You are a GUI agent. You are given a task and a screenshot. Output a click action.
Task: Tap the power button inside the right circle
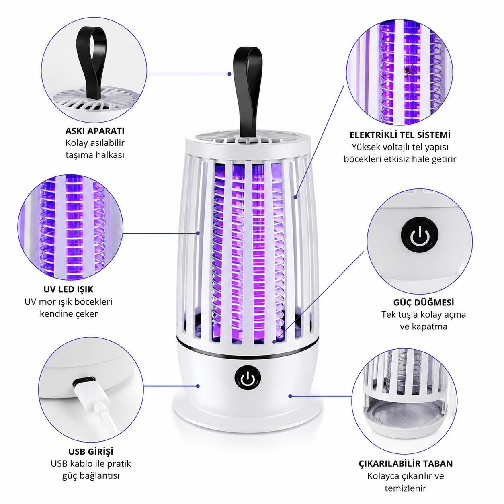pyautogui.click(x=420, y=235)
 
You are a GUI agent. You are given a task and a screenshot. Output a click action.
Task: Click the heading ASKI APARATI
pyautogui.click(x=95, y=131)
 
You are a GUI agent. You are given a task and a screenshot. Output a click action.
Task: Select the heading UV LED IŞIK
pyautogui.click(x=68, y=289)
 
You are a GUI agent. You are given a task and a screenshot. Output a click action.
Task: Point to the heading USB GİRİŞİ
pyautogui.click(x=90, y=451)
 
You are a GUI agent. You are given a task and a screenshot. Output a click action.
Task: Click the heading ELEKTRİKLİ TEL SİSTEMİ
pyautogui.click(x=400, y=135)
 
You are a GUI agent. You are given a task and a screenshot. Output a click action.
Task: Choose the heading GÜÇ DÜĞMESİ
pyautogui.click(x=424, y=302)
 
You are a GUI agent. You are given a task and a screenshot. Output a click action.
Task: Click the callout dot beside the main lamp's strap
pyautogui.click(x=229, y=74)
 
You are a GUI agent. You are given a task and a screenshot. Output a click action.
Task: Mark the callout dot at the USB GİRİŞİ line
pyautogui.click(x=198, y=386)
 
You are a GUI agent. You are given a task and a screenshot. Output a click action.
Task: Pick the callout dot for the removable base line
pyautogui.click(x=290, y=396)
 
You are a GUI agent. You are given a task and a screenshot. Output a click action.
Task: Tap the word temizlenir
pyautogui.click(x=406, y=488)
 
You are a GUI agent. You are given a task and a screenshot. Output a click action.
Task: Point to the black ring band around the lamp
pyautogui.click(x=248, y=351)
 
